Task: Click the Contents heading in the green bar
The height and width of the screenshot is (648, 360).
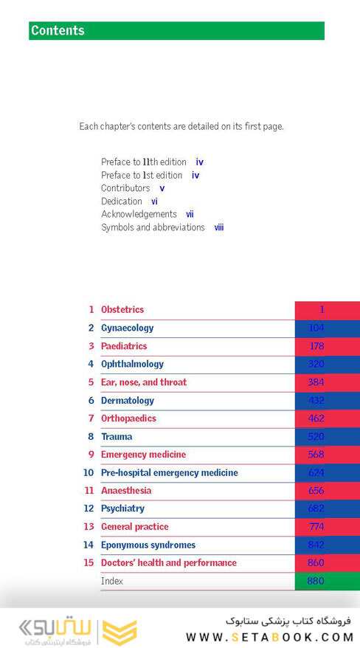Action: tap(58, 31)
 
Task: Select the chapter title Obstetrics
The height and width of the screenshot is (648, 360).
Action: tap(122, 310)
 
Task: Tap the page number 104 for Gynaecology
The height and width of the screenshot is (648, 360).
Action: tap(316, 328)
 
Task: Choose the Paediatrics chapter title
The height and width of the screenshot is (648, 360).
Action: tap(124, 346)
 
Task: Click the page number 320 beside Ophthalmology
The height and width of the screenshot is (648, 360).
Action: tap(316, 365)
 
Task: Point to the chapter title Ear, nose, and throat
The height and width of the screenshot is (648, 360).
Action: tap(144, 382)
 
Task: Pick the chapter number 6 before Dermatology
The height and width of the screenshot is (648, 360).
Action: tap(91, 401)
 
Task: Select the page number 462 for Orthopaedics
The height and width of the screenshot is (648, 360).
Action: tap(316, 418)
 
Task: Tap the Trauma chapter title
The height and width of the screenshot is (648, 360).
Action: tap(117, 437)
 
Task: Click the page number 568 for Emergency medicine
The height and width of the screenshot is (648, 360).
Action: tap(316, 455)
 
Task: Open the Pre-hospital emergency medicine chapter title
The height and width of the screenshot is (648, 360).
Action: tap(170, 473)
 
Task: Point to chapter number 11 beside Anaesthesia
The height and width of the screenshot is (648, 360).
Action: tap(89, 491)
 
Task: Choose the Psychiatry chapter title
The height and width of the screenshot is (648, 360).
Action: tap(122, 509)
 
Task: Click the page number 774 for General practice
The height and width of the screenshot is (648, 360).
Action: tap(316, 527)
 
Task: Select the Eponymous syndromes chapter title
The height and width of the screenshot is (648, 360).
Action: tap(148, 545)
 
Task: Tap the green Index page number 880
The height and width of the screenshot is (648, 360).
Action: tap(316, 581)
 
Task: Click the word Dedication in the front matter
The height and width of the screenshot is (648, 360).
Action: tap(122, 201)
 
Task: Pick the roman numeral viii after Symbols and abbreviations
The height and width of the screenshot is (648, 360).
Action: tap(219, 228)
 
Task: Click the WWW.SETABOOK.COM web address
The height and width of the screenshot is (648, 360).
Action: tap(270, 637)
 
